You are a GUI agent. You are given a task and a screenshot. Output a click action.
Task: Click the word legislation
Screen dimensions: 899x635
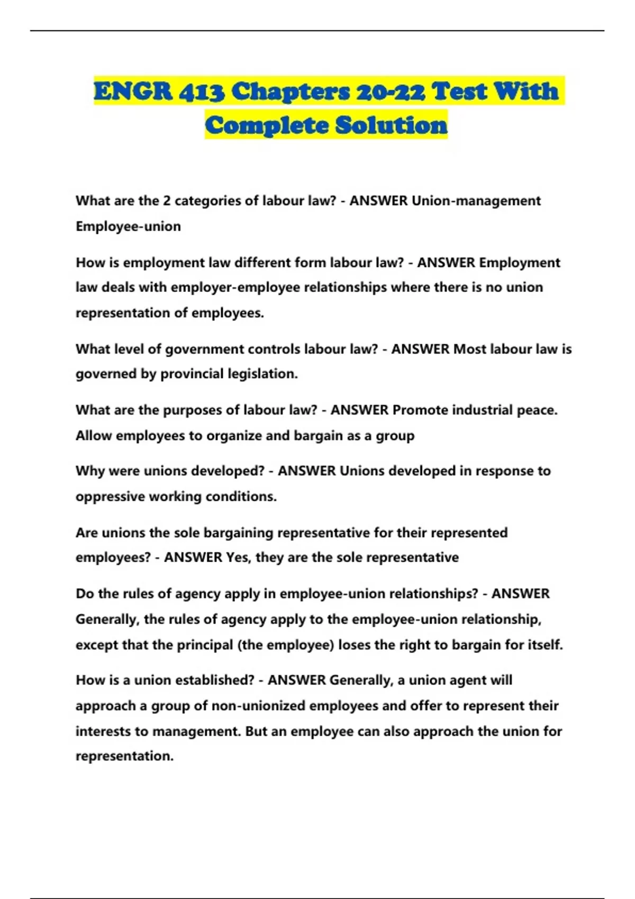(262, 374)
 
